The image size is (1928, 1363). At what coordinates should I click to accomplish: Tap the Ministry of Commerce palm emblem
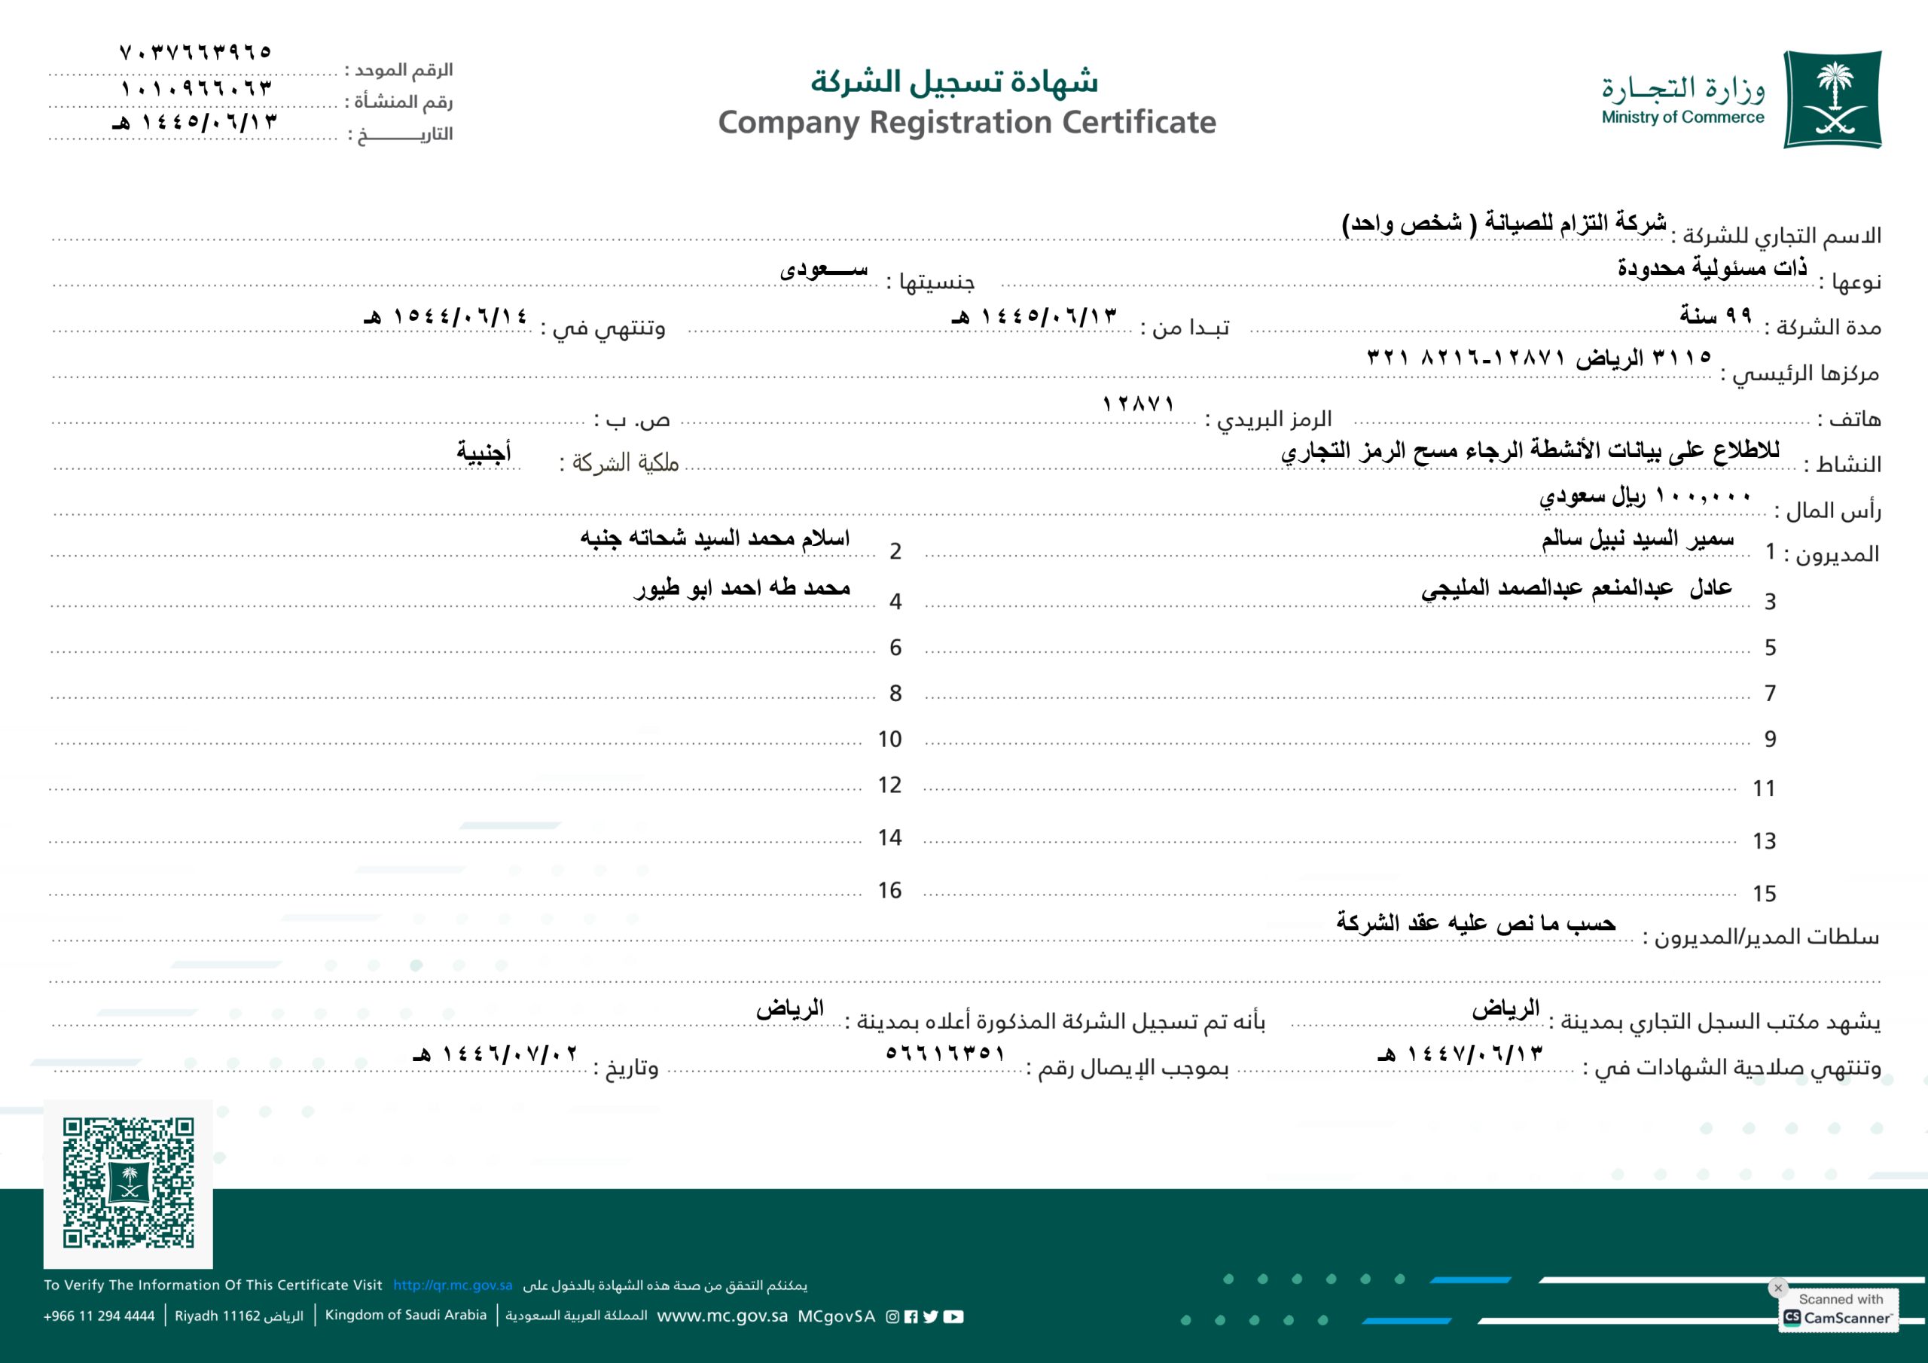click(1832, 99)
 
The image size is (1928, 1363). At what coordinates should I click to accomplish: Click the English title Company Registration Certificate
click(966, 123)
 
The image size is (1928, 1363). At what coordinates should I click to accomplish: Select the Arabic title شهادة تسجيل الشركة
click(954, 81)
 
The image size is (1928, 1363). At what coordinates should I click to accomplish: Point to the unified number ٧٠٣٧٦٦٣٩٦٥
click(196, 52)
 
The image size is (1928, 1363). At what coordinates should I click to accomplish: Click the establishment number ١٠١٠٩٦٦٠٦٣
click(197, 88)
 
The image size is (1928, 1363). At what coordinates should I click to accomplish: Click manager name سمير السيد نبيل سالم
click(1637, 539)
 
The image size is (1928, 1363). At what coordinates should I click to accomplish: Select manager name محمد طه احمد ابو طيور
click(743, 588)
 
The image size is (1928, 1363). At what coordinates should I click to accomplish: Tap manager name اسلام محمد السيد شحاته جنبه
click(715, 538)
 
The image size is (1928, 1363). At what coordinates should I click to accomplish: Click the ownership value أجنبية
click(484, 452)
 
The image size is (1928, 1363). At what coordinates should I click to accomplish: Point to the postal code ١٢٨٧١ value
click(1138, 404)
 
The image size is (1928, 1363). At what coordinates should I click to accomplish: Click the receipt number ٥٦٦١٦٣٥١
click(944, 1053)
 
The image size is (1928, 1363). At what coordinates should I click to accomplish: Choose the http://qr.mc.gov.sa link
click(453, 1285)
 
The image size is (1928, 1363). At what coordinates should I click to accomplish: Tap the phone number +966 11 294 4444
click(99, 1316)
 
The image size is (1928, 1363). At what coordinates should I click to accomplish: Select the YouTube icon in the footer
click(953, 1317)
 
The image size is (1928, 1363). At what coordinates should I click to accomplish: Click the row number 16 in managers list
click(889, 890)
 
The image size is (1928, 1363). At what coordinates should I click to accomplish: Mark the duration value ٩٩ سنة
click(1716, 316)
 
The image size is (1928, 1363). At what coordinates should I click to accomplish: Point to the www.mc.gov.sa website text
click(722, 1316)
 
